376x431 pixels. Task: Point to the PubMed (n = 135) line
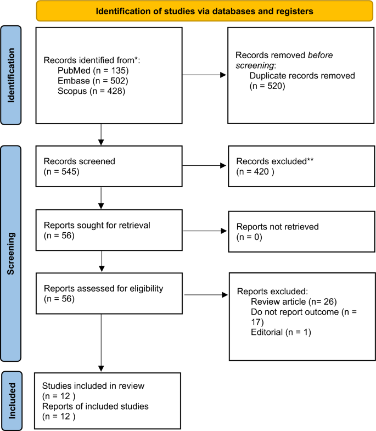[91, 71]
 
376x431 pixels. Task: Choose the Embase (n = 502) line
[91, 81]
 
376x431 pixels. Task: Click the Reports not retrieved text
[277, 226]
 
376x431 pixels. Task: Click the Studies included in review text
[93, 386]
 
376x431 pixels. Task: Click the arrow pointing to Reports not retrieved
[203, 231]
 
